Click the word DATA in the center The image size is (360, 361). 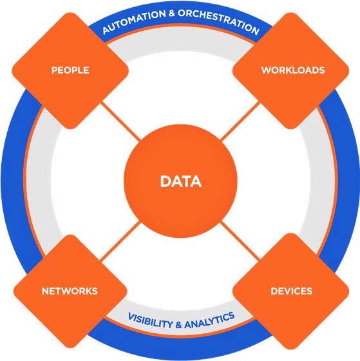[181, 181]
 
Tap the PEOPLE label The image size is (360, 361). [70, 70]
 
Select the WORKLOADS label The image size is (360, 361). [293, 70]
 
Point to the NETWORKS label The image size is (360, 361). [70, 291]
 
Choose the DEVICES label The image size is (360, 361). [292, 291]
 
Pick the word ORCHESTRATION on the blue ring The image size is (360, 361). [219, 21]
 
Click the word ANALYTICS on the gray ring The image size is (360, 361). [209, 320]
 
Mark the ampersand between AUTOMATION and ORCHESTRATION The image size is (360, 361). [171, 14]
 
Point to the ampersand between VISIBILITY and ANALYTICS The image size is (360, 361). [178, 325]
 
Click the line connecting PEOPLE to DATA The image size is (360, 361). [120, 122]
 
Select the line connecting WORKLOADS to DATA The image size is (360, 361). [240, 122]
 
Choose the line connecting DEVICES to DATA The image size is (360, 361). [240, 241]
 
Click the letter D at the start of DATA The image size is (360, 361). [165, 181]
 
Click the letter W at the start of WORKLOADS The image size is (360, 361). [267, 70]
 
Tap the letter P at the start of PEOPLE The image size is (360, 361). [54, 70]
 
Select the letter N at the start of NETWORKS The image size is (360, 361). [45, 291]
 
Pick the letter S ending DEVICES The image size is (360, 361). [309, 291]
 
